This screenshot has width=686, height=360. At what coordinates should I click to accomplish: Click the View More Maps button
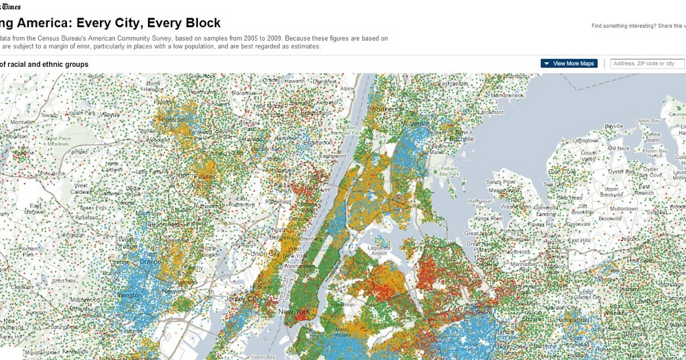569,63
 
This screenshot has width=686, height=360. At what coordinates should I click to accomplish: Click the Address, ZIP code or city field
647,63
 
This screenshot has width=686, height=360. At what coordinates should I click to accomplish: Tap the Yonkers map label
385,109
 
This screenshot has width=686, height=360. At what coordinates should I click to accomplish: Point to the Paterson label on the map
174,119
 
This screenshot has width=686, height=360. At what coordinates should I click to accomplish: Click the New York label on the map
293,311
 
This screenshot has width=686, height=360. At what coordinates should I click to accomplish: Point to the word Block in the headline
200,23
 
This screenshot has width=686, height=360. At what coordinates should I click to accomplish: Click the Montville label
22,122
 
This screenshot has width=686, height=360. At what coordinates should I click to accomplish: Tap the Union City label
265,254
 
